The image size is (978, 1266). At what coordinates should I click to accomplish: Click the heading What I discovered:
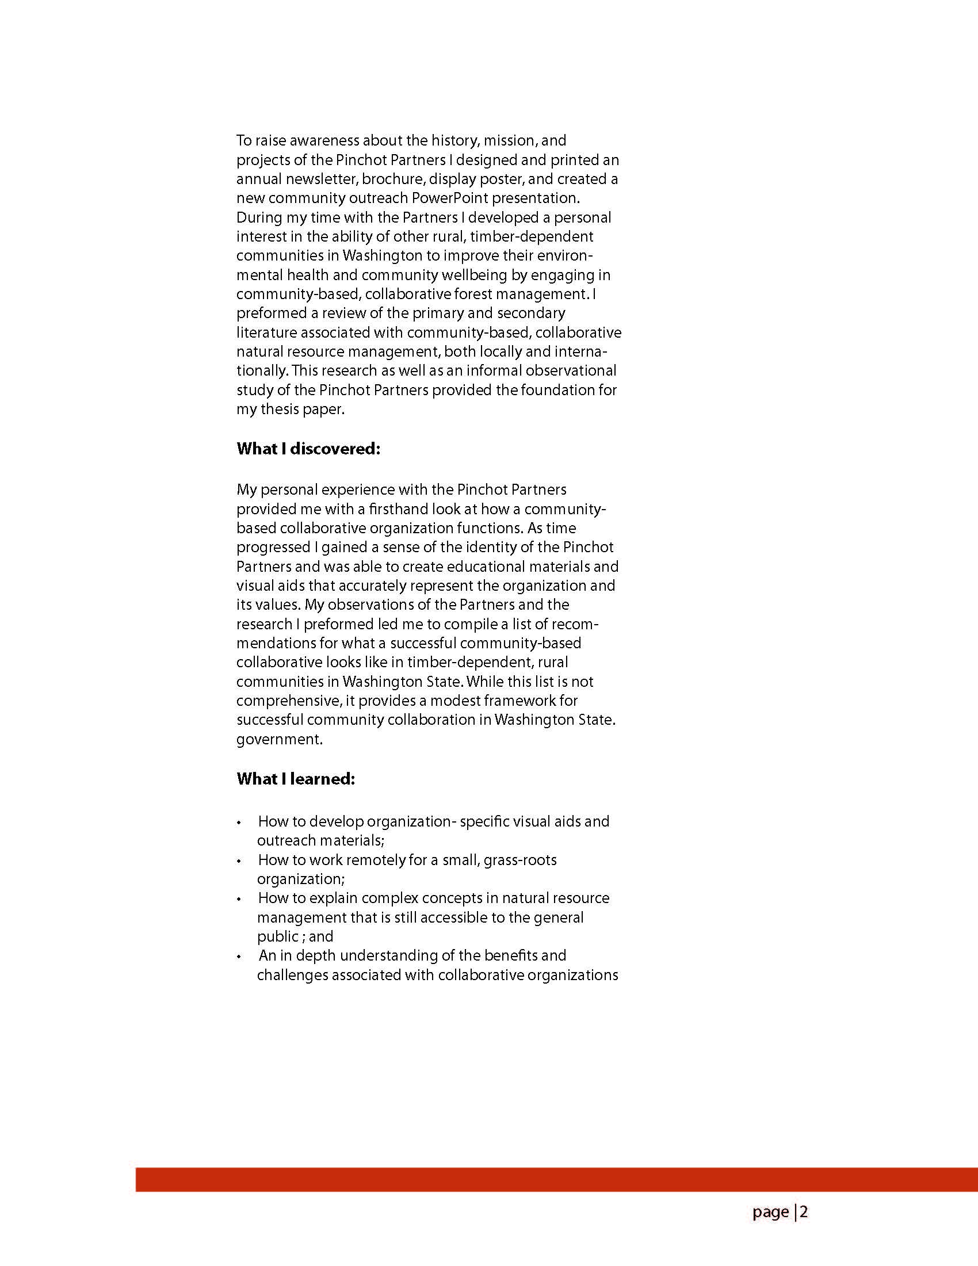[x=308, y=449]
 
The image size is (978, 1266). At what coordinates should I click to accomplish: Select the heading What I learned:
[x=296, y=779]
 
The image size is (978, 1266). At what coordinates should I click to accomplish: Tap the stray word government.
[x=280, y=740]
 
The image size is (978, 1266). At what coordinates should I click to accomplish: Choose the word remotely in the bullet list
[x=376, y=860]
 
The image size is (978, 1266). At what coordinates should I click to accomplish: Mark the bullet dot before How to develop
[x=239, y=823]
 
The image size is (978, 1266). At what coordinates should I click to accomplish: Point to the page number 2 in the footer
[x=804, y=1212]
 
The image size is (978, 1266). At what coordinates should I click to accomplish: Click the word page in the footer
[x=770, y=1213]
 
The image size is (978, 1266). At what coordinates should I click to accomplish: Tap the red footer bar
[x=556, y=1180]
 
